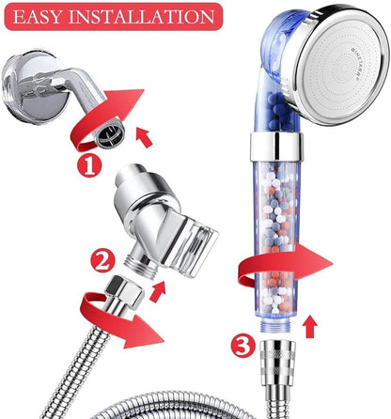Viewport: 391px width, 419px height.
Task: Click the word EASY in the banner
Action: click(x=38, y=17)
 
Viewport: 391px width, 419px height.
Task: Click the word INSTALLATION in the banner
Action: click(x=141, y=17)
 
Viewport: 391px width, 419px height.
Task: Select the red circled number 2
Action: click(x=102, y=261)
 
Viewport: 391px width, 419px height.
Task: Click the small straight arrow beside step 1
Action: click(x=144, y=137)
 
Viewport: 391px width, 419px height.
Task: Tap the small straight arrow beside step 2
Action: click(x=158, y=291)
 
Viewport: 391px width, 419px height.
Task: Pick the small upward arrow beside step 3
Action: click(x=310, y=327)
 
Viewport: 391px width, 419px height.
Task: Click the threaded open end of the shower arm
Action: click(x=110, y=135)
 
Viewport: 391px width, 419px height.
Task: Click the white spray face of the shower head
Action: click(x=343, y=67)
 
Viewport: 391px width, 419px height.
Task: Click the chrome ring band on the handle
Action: click(x=276, y=147)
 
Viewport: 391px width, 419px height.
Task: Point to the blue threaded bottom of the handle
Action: click(x=275, y=327)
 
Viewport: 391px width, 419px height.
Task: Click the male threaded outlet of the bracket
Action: click(x=140, y=264)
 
